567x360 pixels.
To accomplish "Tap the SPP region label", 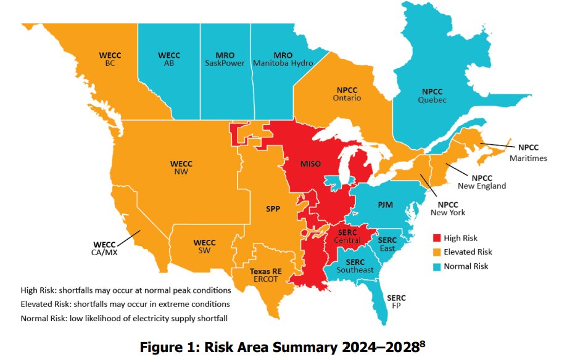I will pyautogui.click(x=273, y=209).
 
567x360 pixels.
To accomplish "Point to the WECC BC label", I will pyautogui.click(x=110, y=59).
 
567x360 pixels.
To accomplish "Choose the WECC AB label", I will pyautogui.click(x=168, y=59).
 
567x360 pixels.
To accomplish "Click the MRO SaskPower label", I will pyautogui.click(x=225, y=59).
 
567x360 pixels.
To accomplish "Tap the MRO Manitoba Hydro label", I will pyautogui.click(x=284, y=59).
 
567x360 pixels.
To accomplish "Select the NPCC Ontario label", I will pyautogui.click(x=349, y=94).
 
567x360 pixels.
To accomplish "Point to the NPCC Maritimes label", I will pyautogui.click(x=528, y=153).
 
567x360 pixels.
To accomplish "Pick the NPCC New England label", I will pyautogui.click(x=482, y=181).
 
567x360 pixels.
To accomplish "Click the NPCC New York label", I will pyautogui.click(x=448, y=208).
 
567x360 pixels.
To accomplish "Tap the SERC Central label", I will pyautogui.click(x=347, y=235).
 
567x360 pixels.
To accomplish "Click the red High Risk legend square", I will pyautogui.click(x=437, y=238).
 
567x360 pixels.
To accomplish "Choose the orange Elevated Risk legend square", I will pyautogui.click(x=437, y=252).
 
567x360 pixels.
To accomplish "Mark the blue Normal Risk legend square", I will pyautogui.click(x=437, y=266).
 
